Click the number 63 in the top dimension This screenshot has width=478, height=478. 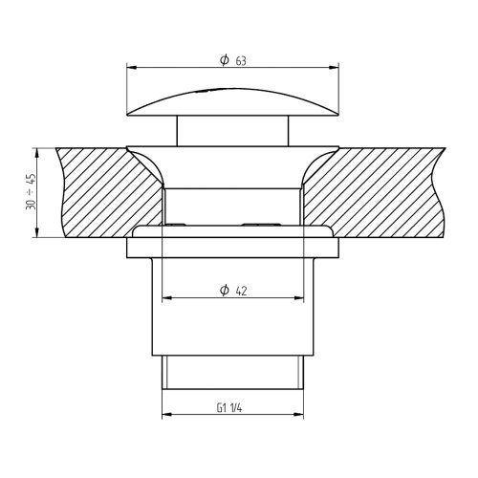click(240, 59)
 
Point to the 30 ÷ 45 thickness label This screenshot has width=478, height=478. click(31, 193)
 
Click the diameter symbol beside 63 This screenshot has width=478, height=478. click(224, 59)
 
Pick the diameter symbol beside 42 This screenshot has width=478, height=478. click(224, 290)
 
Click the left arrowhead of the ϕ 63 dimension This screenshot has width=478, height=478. click(132, 68)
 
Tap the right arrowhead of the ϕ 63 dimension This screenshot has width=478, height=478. click(337, 68)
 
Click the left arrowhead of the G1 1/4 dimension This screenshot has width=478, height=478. click(165, 415)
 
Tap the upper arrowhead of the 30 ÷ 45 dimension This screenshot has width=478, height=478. click(38, 151)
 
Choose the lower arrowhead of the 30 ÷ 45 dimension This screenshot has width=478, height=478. click(38, 234)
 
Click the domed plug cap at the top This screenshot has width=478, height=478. click(235, 100)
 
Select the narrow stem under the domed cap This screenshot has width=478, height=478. click(235, 129)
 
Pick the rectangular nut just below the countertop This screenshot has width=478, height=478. click(235, 248)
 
